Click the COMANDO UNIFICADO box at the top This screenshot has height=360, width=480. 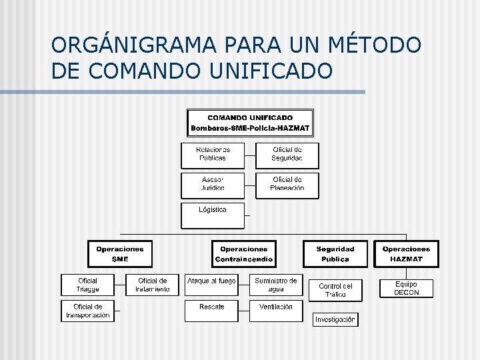click(250, 123)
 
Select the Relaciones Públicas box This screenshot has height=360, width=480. click(213, 155)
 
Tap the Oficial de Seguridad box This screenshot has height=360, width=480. click(287, 155)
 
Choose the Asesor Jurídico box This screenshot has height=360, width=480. click(213, 185)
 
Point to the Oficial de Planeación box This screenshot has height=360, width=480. click(287, 185)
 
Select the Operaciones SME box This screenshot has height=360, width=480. click(120, 254)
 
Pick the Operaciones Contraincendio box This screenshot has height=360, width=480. click(244, 254)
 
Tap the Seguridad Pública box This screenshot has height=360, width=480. click(335, 254)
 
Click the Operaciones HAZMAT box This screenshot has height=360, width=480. click(406, 254)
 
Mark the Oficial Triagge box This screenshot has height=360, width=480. click(87, 285)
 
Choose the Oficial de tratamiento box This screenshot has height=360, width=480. click(152, 285)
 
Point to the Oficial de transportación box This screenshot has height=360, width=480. click(87, 311)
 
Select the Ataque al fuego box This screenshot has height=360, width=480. click(211, 285)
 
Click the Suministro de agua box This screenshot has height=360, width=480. click(276, 285)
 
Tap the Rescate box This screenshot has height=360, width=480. click(211, 311)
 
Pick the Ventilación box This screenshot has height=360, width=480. click(276, 311)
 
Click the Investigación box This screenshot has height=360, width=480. click(335, 319)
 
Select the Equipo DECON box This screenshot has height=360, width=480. click(406, 289)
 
